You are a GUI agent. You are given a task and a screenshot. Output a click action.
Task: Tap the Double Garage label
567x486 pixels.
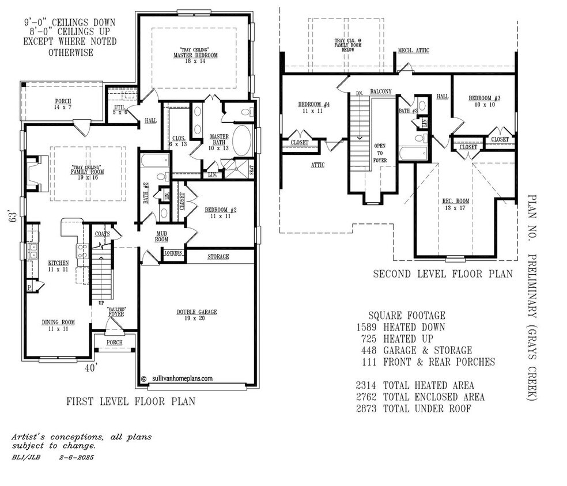(196, 312)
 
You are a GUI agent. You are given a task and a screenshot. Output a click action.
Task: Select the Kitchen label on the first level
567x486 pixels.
(58, 263)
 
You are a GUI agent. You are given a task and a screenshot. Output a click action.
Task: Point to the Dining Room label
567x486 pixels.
(56, 322)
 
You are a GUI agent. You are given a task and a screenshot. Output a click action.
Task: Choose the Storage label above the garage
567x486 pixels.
(218, 256)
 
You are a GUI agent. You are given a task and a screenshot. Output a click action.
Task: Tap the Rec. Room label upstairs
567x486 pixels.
(455, 201)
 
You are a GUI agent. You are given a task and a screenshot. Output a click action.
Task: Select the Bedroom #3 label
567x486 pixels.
(484, 98)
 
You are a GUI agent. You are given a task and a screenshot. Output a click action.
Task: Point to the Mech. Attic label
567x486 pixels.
(413, 51)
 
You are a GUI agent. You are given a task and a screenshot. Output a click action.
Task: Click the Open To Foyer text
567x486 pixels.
(380, 153)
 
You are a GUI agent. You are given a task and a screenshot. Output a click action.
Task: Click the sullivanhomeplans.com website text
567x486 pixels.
(182, 379)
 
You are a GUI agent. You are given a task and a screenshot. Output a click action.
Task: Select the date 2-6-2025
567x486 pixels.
(76, 457)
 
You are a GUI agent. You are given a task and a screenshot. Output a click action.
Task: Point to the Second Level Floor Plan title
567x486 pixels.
(443, 274)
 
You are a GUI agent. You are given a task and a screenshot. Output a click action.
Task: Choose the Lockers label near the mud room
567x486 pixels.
(173, 253)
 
